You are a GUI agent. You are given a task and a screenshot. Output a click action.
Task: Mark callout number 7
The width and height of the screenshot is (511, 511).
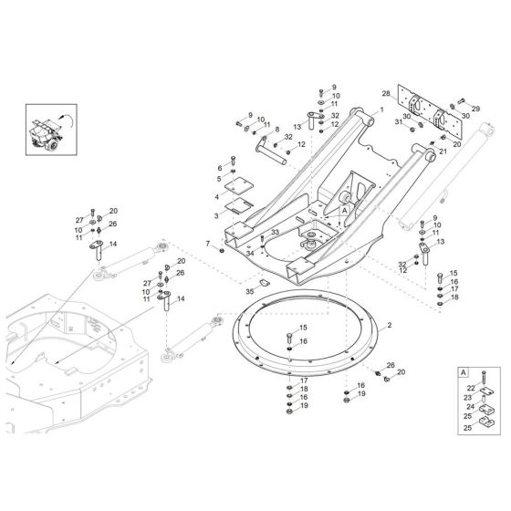tap(208, 245)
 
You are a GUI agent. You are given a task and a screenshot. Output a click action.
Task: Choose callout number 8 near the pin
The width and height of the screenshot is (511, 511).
tap(276, 130)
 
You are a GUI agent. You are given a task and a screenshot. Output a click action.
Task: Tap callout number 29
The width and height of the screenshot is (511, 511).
tap(474, 109)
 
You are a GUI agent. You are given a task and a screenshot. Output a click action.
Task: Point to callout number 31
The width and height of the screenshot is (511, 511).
tap(398, 121)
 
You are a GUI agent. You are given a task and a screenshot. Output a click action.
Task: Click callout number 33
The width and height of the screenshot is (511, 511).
tap(275, 235)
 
